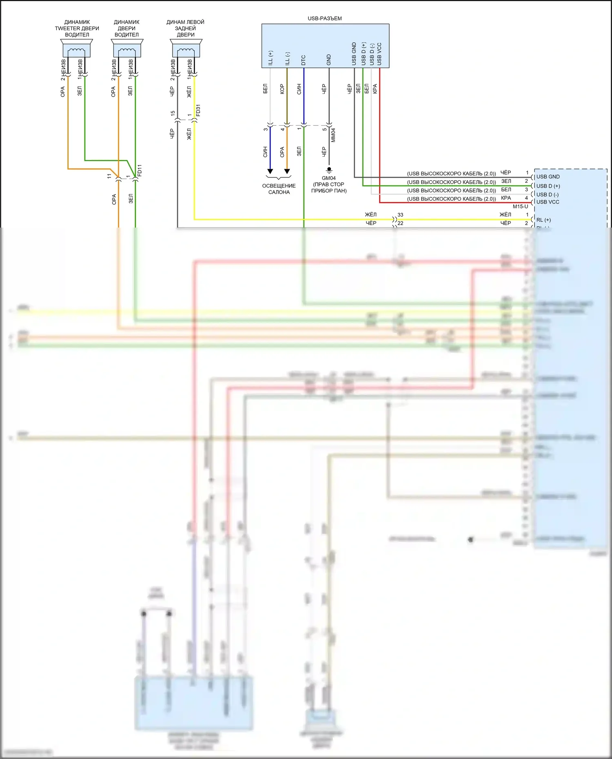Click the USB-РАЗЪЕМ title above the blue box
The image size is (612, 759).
click(324, 18)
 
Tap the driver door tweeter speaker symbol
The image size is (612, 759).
click(77, 49)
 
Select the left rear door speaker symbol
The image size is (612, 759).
click(186, 49)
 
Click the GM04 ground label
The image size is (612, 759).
click(328, 178)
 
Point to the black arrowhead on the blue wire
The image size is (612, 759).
click(270, 171)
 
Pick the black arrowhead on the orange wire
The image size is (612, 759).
click(287, 171)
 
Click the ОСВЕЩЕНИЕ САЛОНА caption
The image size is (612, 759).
click(279, 189)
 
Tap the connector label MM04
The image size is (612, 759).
click(333, 135)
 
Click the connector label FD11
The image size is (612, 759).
click(140, 170)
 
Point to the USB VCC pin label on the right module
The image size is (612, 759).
click(548, 202)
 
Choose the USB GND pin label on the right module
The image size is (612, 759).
click(548, 177)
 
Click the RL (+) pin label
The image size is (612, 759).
click(543, 220)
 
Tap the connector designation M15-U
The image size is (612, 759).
click(520, 206)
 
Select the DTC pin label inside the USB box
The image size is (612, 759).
click(304, 60)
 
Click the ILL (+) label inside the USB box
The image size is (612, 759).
click(271, 58)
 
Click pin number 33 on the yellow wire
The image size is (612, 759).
click(400, 215)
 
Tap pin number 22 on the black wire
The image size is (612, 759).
click(400, 223)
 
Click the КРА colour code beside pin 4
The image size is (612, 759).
click(506, 198)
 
